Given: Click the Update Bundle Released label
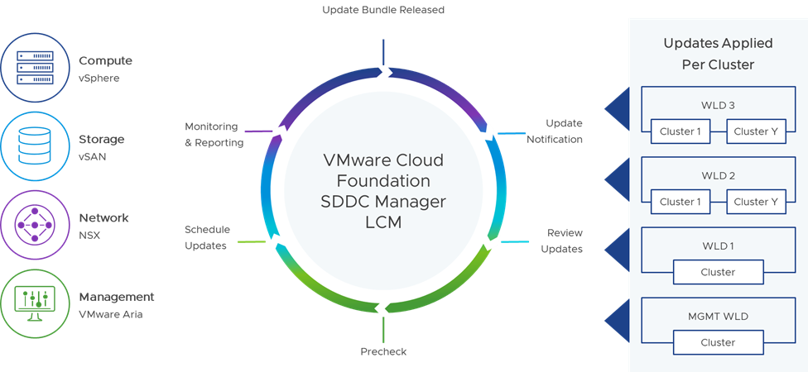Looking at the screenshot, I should click(x=383, y=10).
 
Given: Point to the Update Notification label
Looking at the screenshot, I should click(x=554, y=131).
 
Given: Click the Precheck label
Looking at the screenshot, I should click(x=383, y=351).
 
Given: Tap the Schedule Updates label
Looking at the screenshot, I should click(x=206, y=237).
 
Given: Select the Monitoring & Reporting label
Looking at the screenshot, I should click(x=214, y=135).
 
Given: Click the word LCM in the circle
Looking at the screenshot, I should click(x=382, y=221).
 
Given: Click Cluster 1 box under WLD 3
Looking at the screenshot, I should click(x=680, y=131).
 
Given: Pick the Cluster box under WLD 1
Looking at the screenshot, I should click(x=717, y=272).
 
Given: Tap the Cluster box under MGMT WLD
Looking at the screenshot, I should click(x=717, y=342).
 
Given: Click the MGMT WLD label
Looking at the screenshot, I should click(x=718, y=317).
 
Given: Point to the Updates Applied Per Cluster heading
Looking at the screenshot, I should click(x=718, y=53).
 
